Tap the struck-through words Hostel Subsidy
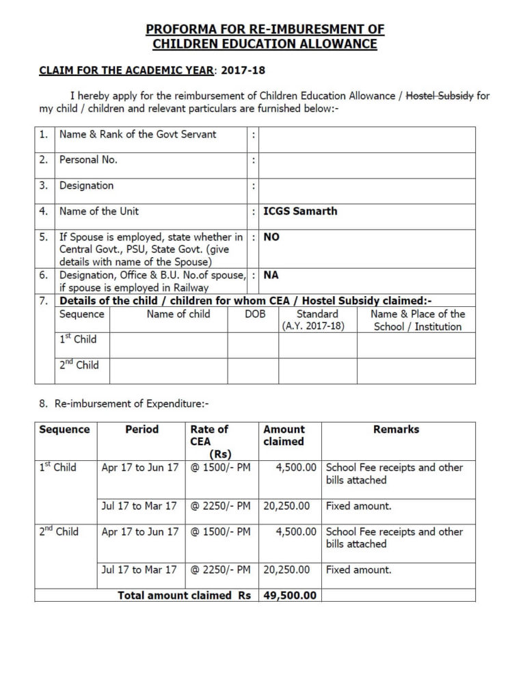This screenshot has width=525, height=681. [x=440, y=96]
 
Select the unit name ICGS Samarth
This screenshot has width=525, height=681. [x=300, y=211]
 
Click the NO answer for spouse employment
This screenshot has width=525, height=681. [x=271, y=237]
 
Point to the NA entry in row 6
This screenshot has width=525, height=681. [x=271, y=276]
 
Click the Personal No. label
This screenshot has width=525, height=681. [x=88, y=160]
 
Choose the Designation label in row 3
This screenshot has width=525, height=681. [x=86, y=185]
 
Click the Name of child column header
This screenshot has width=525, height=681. [x=178, y=315]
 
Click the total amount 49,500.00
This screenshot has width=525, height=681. [x=290, y=596]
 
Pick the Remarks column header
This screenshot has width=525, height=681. [x=396, y=429]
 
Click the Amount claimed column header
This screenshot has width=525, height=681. [x=284, y=436]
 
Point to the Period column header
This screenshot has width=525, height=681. [x=142, y=429]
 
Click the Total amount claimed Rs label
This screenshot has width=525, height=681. [x=184, y=596]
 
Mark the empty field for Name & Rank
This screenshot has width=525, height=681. [x=366, y=140]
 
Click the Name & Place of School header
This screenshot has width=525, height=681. [x=417, y=321]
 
